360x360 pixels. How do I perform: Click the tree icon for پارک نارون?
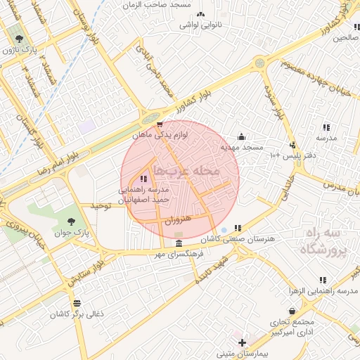(x=18, y=39)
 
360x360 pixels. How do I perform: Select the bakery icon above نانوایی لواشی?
(x=200, y=14)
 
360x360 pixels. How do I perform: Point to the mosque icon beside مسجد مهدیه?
(x=242, y=136)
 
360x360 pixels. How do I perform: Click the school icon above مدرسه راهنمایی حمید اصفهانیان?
(x=144, y=179)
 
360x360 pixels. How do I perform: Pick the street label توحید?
(x=101, y=205)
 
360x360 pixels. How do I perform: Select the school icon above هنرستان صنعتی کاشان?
(x=238, y=229)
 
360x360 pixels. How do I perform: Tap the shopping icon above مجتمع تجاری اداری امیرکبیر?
(x=291, y=310)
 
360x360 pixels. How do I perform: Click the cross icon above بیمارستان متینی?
(x=243, y=342)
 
